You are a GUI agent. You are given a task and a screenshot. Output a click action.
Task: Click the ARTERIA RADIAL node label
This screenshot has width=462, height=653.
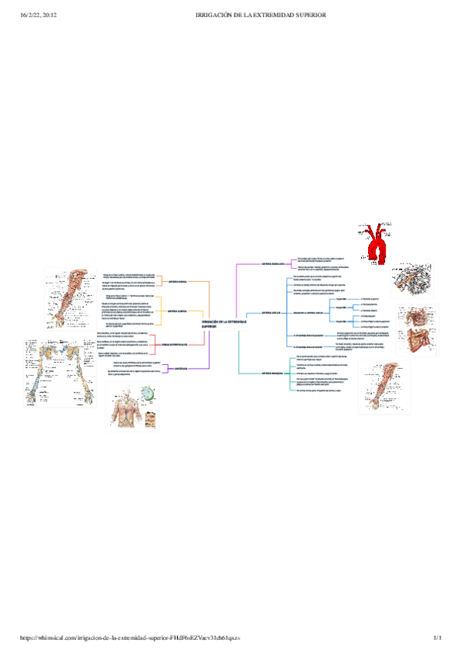(x=178, y=282)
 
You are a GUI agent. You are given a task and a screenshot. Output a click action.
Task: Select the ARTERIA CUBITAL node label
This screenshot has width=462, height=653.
(x=178, y=311)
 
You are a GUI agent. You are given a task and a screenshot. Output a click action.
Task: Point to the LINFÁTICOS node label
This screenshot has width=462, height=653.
(x=177, y=370)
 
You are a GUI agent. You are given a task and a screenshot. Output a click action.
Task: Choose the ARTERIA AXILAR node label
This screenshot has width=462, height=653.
(x=270, y=313)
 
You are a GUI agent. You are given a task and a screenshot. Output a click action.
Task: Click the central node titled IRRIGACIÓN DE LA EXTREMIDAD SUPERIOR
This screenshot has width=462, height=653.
(x=220, y=324)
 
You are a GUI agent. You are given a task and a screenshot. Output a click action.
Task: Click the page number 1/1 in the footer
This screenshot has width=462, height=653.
(x=438, y=638)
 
